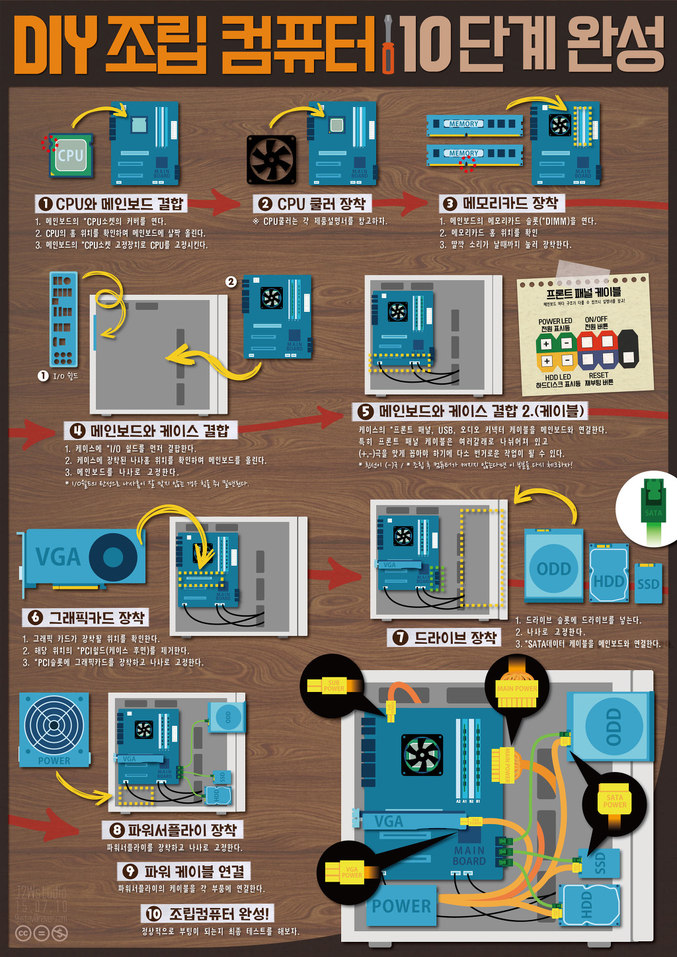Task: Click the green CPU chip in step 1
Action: click(70, 156)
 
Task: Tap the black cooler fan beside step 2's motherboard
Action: click(271, 159)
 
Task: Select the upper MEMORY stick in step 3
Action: click(475, 124)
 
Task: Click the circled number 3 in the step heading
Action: click(450, 204)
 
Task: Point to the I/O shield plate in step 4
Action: click(63, 320)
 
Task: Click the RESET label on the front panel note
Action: click(598, 375)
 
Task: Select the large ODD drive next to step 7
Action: click(554, 566)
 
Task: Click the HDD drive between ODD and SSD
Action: click(608, 574)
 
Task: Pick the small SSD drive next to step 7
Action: click(648, 583)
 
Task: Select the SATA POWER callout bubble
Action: click(614, 802)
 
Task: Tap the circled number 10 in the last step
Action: click(153, 914)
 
